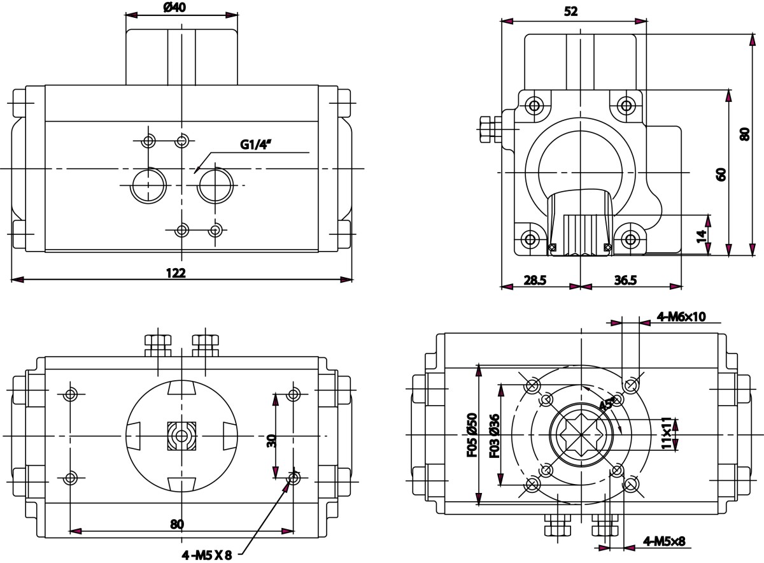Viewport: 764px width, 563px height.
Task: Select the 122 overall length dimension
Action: tap(176, 273)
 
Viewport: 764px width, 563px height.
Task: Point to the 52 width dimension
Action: tap(570, 11)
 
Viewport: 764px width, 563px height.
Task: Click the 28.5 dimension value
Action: tap(535, 280)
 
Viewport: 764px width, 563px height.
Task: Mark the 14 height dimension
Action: tap(702, 235)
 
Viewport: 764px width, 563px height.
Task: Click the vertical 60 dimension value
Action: tap(721, 174)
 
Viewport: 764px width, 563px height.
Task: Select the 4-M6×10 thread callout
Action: tap(681, 317)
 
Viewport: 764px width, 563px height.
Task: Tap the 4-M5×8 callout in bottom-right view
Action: tap(664, 542)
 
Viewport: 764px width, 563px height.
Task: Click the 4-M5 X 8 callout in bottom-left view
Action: tap(206, 555)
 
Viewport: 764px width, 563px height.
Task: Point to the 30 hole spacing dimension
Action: tap(271, 439)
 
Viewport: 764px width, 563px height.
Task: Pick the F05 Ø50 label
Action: tap(471, 435)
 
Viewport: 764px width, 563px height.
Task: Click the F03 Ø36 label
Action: tap(494, 435)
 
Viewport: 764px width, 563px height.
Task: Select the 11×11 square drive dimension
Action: tap(666, 433)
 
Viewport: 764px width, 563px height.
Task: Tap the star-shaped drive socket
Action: tap(581, 435)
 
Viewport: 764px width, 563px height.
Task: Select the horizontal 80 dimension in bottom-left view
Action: tap(177, 524)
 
